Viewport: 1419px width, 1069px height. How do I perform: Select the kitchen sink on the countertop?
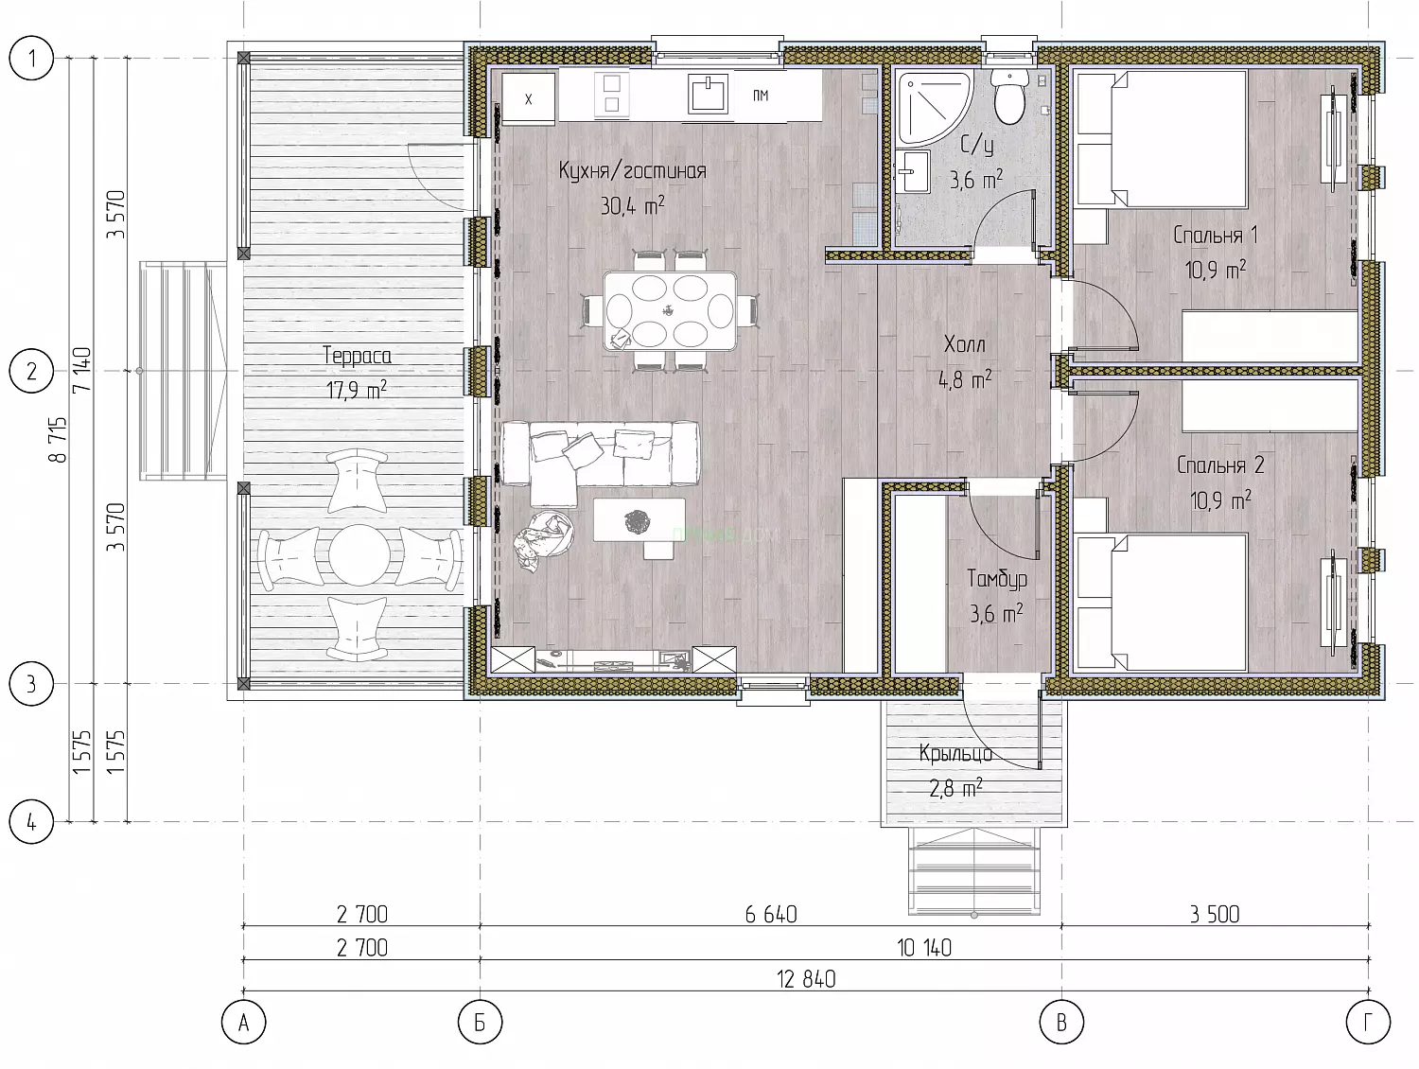coord(708,95)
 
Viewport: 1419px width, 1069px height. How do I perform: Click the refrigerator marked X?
coord(528,99)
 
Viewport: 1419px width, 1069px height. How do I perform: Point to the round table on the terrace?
coord(359,553)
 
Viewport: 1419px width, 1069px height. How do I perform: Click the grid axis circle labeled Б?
coord(480,1023)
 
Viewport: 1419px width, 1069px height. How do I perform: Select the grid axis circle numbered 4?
coord(31,822)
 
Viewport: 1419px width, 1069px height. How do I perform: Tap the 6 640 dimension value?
coord(771,915)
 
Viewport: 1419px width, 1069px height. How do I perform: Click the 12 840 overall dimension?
coord(806,979)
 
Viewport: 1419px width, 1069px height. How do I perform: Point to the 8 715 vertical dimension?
coord(59,440)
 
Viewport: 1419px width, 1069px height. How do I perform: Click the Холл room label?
coord(965,344)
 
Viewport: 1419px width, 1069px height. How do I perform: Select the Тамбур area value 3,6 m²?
coord(996,613)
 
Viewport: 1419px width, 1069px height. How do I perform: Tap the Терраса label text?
coord(357,356)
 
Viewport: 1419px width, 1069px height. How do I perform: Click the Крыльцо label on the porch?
coord(955,754)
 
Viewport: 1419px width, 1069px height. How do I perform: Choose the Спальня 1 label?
coord(1216,235)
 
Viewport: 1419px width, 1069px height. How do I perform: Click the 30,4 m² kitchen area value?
coord(632,205)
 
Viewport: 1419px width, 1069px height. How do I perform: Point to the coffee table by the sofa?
coord(639,520)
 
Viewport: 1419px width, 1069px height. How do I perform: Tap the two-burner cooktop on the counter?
coord(611,95)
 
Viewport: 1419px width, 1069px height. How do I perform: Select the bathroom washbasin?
coord(913,171)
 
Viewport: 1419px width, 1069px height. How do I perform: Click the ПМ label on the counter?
coord(761,96)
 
